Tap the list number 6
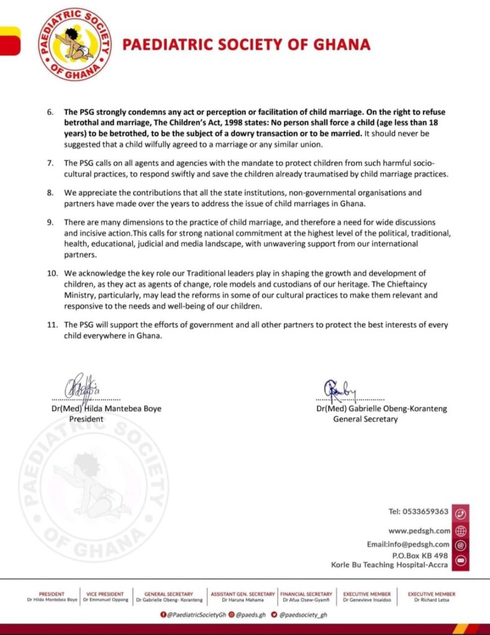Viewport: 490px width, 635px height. pyautogui.click(x=50, y=112)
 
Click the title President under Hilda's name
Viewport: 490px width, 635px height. pyautogui.click(x=86, y=419)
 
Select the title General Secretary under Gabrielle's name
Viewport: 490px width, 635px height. pyautogui.click(x=366, y=419)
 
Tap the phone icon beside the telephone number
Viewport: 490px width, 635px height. pyautogui.click(x=460, y=513)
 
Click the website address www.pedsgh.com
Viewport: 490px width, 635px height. pyautogui.click(x=419, y=531)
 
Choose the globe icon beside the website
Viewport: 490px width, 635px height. pyautogui.click(x=460, y=531)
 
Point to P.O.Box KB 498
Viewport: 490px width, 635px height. pyautogui.click(x=420, y=556)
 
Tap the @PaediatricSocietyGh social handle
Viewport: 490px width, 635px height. pyautogui.click(x=194, y=615)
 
